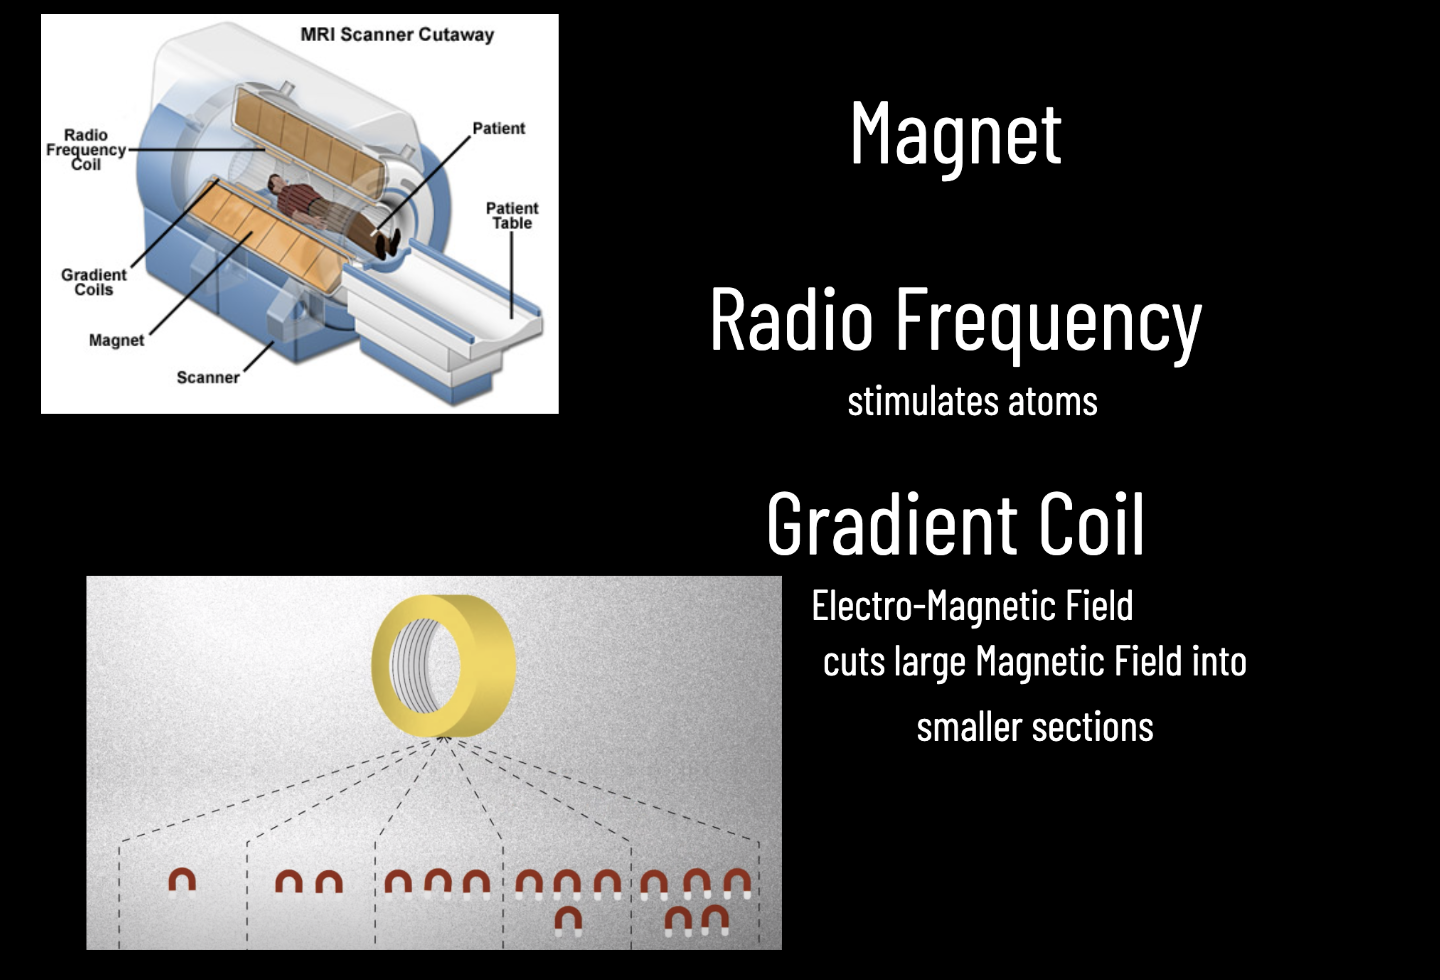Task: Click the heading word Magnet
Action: pyautogui.click(x=955, y=134)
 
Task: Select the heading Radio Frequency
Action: pyautogui.click(x=955, y=320)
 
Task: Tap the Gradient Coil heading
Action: pyautogui.click(x=955, y=524)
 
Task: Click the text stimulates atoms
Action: pyautogui.click(x=972, y=402)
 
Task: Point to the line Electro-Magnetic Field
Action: pyautogui.click(x=972, y=606)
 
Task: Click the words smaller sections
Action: pyautogui.click(x=1035, y=727)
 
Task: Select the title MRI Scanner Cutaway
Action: pyautogui.click(x=397, y=35)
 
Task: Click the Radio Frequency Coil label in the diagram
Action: pyautogui.click(x=86, y=150)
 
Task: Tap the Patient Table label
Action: pyautogui.click(x=512, y=215)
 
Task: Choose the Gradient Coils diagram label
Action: pyautogui.click(x=93, y=282)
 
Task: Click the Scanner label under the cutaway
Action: pyautogui.click(x=208, y=377)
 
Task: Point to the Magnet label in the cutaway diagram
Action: pyautogui.click(x=116, y=340)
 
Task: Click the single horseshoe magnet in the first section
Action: pyautogui.click(x=182, y=881)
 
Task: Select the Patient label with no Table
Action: pyautogui.click(x=498, y=128)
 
